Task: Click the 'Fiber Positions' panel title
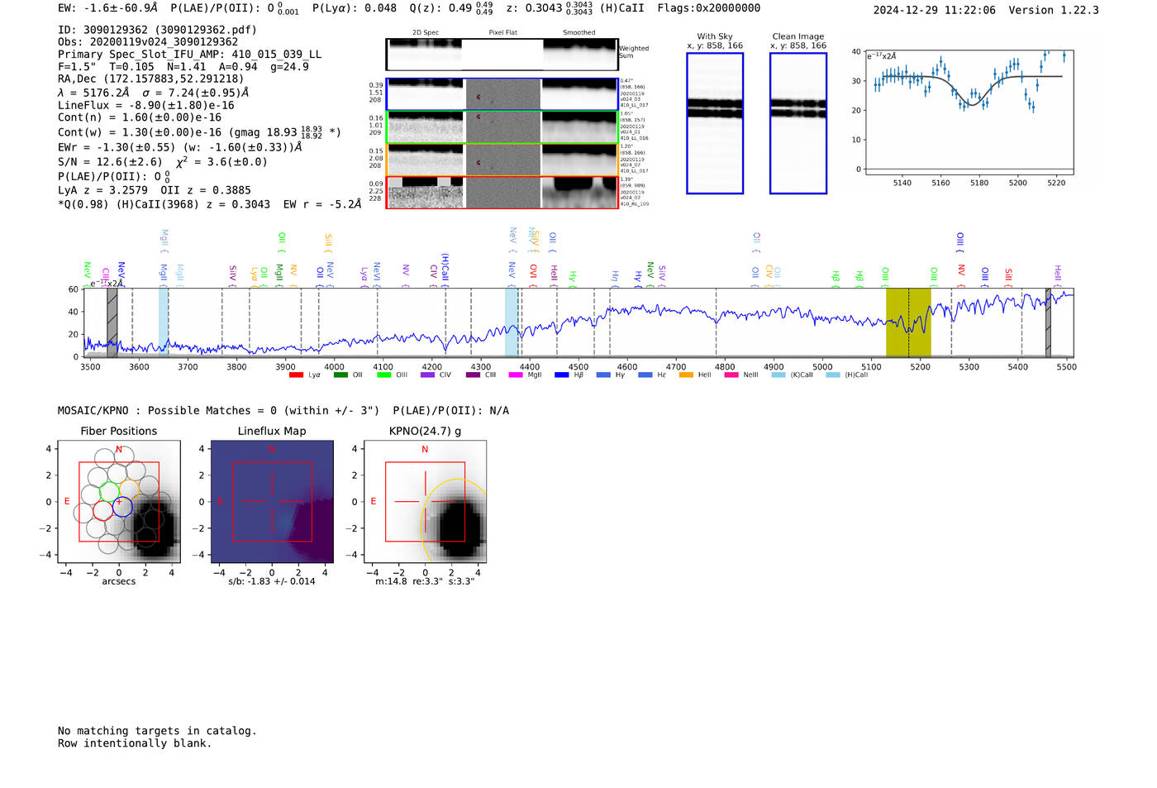pyautogui.click(x=118, y=431)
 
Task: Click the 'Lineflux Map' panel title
pyautogui.click(x=272, y=431)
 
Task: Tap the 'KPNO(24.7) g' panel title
pyautogui.click(x=425, y=431)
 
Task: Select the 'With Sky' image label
pyautogui.click(x=715, y=36)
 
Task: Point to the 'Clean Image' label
pyautogui.click(x=798, y=36)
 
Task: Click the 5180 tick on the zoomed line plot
pyautogui.click(x=979, y=183)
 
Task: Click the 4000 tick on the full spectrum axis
pyautogui.click(x=334, y=366)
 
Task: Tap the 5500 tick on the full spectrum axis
pyautogui.click(x=1066, y=366)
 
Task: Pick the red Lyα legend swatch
pyautogui.click(x=296, y=375)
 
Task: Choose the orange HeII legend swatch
pyautogui.click(x=686, y=375)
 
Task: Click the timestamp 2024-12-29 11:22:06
pyautogui.click(x=934, y=10)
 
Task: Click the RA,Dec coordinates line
pyautogui.click(x=150, y=79)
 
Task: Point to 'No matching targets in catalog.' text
pyautogui.click(x=157, y=730)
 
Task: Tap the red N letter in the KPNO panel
pyautogui.click(x=425, y=450)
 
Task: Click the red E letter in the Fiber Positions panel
pyautogui.click(x=67, y=501)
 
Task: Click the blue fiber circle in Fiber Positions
pyautogui.click(x=122, y=507)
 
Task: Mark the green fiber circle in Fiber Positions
pyautogui.click(x=109, y=491)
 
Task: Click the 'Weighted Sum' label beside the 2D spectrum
pyautogui.click(x=634, y=52)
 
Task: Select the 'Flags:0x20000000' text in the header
pyautogui.click(x=708, y=8)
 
